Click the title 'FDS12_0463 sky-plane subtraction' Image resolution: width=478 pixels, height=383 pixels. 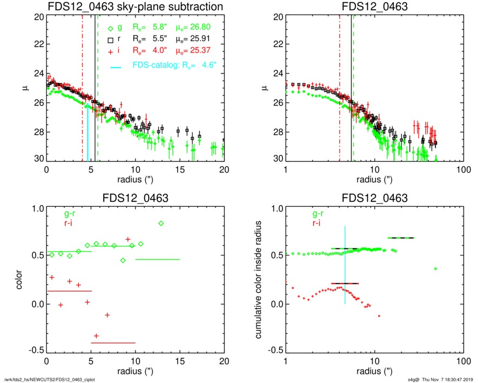(135, 6)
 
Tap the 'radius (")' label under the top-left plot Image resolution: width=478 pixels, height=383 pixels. (135, 179)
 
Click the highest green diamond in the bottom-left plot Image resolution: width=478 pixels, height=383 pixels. (161, 223)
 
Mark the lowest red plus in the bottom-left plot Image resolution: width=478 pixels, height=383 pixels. (96, 336)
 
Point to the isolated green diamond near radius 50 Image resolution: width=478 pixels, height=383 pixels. (435, 269)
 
